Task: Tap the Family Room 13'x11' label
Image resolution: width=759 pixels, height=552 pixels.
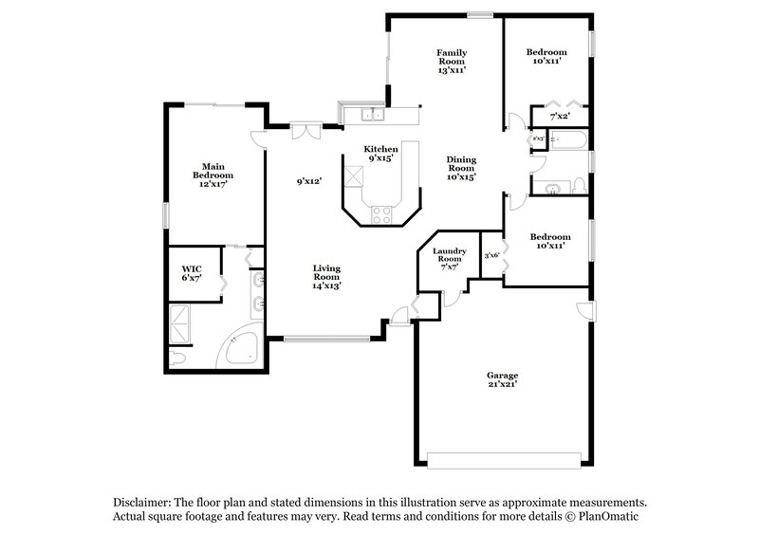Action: tap(451, 61)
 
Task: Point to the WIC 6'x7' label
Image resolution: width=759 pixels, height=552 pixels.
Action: tap(192, 273)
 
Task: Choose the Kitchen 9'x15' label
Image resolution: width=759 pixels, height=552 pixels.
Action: tap(381, 154)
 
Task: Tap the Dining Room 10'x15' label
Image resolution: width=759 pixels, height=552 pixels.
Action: tap(461, 168)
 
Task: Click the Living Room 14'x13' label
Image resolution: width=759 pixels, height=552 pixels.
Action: tap(327, 277)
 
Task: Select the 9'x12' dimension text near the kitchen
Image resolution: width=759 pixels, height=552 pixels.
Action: tap(309, 180)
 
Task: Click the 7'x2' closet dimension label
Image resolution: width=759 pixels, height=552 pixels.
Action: tap(560, 117)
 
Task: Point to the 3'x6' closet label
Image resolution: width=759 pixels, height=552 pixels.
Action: tap(491, 254)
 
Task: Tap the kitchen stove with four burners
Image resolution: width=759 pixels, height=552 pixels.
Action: tap(381, 214)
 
